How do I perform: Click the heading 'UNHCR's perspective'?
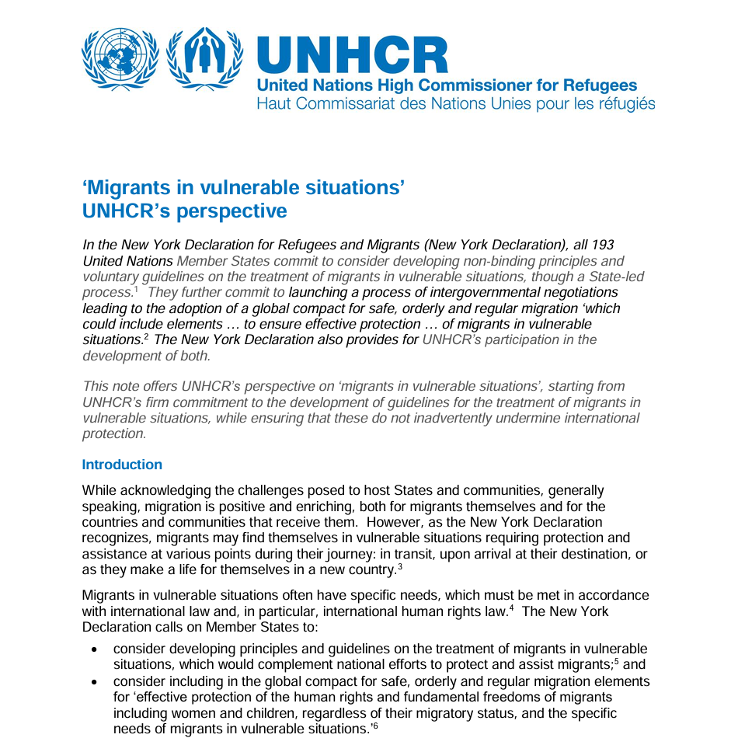pyautogui.click(x=184, y=211)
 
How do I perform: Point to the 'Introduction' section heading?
pyautogui.click(x=122, y=465)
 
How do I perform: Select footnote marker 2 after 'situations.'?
pyautogui.click(x=146, y=337)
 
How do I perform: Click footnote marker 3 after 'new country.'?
pyautogui.click(x=399, y=566)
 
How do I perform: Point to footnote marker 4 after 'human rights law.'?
pyautogui.click(x=511, y=608)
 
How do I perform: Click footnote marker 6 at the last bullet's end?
pyautogui.click(x=374, y=726)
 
